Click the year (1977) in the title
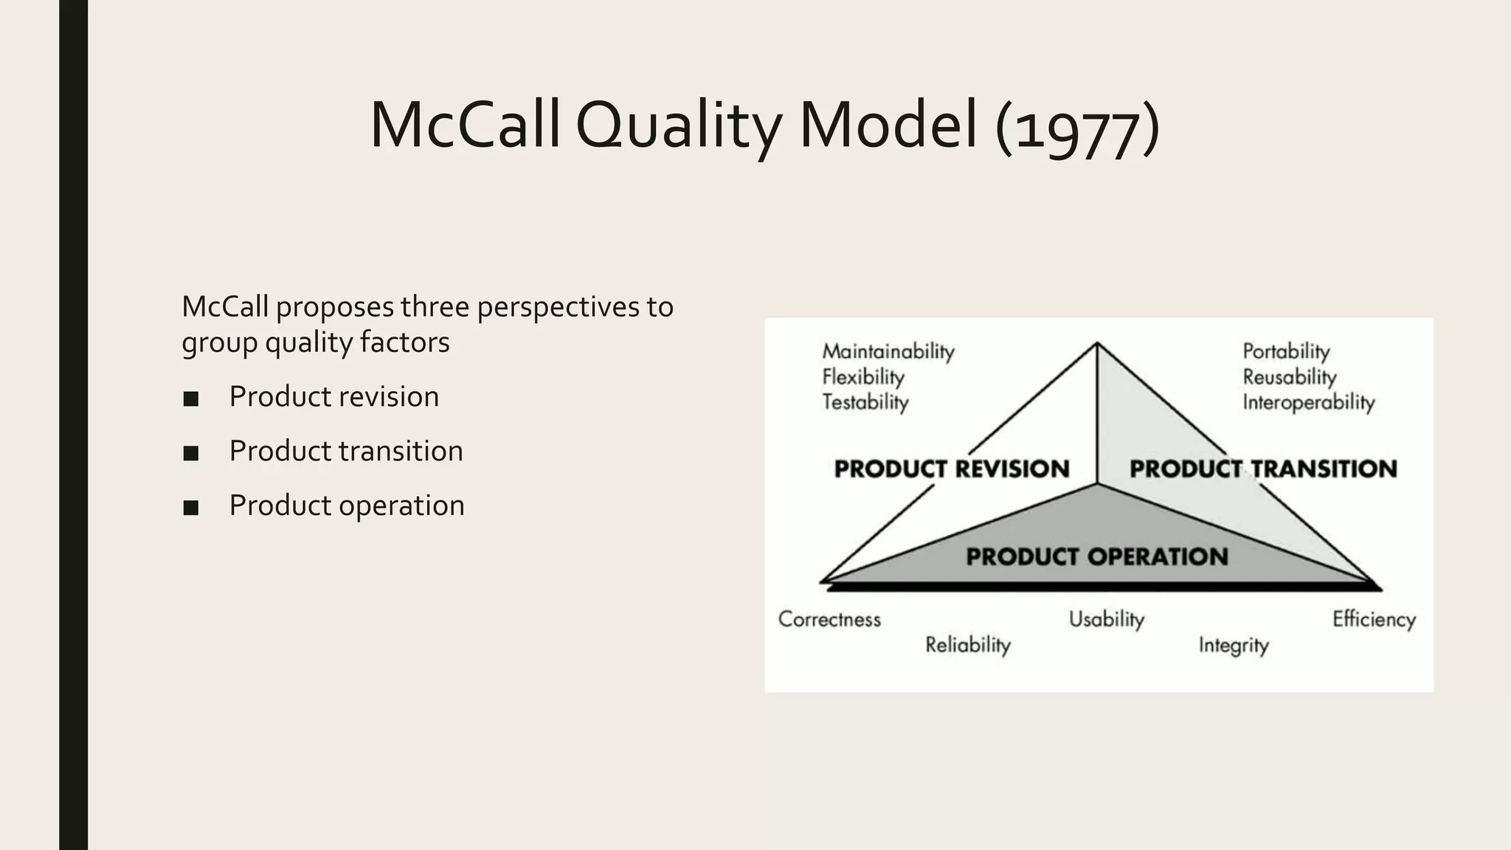(1077, 127)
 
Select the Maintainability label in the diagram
(888, 351)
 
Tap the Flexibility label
(863, 377)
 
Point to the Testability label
(865, 402)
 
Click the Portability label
(1286, 351)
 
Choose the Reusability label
(1290, 377)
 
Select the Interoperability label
(1309, 402)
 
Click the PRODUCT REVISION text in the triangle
(952, 469)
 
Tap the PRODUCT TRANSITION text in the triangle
(1263, 469)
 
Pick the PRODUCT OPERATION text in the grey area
(1097, 556)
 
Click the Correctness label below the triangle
(829, 619)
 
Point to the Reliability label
(967, 645)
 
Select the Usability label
(1107, 619)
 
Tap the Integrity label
(1233, 645)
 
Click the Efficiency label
(1374, 619)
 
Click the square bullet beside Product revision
(191, 399)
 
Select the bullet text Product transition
(346, 451)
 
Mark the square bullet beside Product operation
(191, 508)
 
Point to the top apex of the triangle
(1097, 343)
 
